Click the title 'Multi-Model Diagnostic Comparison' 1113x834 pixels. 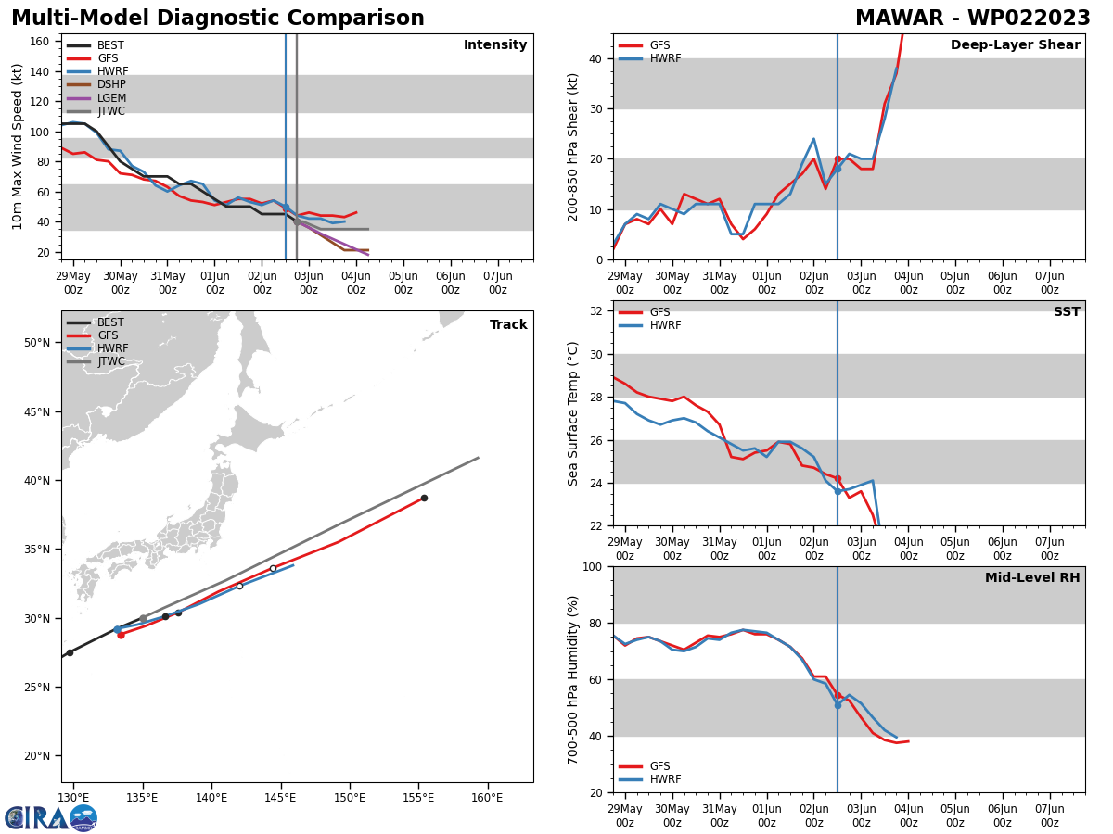[x=218, y=19]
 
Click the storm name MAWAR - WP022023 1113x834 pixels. [x=972, y=19]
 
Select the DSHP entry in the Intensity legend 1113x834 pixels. [x=111, y=84]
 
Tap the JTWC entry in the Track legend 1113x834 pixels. [x=110, y=361]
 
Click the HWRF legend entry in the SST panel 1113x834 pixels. [x=665, y=325]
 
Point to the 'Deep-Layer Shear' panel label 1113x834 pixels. [x=1015, y=45]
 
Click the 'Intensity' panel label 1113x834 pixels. [x=495, y=45]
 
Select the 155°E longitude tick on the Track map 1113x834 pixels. [x=419, y=798]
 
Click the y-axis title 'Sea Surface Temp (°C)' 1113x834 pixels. [x=573, y=412]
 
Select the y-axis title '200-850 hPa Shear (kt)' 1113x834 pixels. [x=573, y=146]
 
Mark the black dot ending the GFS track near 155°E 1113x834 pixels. [x=424, y=498]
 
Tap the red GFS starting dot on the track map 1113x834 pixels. [x=121, y=635]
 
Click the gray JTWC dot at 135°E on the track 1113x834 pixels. [x=143, y=618]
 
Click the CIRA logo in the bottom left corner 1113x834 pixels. [x=51, y=817]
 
